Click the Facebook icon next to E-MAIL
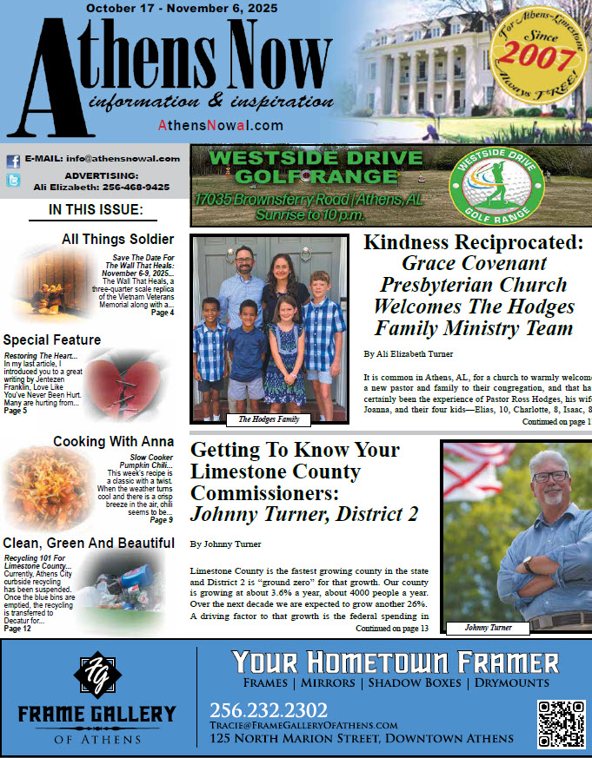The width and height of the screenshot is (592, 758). [13, 161]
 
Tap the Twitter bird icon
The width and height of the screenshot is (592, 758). [13, 181]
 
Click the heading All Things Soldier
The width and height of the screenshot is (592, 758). [117, 239]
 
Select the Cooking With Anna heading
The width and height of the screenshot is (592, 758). [113, 441]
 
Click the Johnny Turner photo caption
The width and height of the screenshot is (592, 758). [488, 628]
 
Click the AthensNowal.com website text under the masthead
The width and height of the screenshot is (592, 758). [220, 125]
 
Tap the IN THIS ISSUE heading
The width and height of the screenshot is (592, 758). [96, 210]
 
